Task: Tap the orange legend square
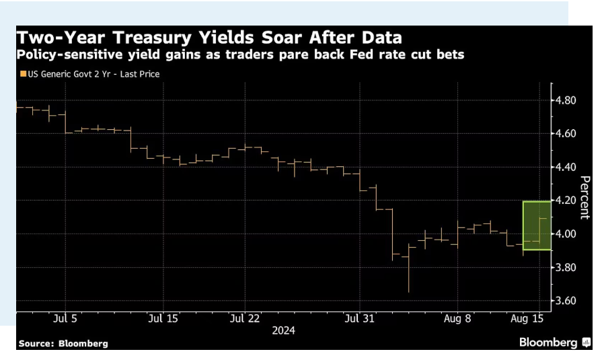(x=23, y=74)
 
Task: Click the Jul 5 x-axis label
(x=60, y=318)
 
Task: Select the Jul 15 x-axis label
(x=163, y=318)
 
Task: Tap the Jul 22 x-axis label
(x=245, y=318)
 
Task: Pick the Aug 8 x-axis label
(x=457, y=318)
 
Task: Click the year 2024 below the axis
(x=283, y=330)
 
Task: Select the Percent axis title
(x=585, y=197)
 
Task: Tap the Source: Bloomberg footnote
(x=63, y=344)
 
